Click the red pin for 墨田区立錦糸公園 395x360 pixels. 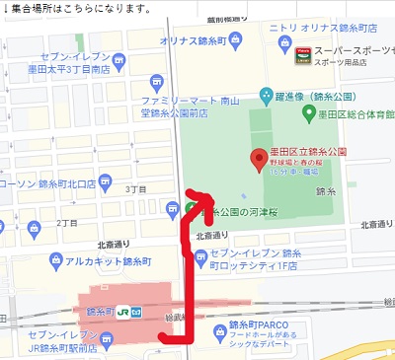point(260,157)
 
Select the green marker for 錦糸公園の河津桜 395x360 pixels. point(190,208)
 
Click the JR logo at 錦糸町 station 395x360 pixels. point(123,314)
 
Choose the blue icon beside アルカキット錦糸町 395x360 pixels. point(55,261)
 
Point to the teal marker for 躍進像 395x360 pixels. point(265,96)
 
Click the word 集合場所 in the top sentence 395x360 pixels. point(37,8)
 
